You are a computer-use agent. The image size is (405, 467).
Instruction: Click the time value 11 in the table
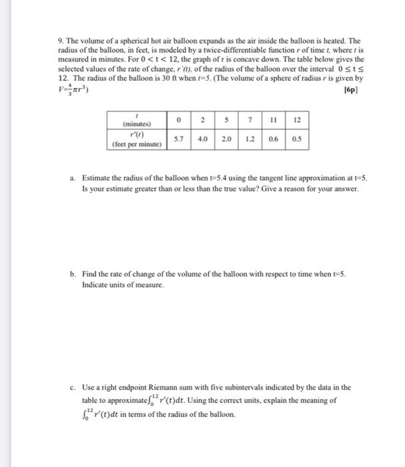point(272,120)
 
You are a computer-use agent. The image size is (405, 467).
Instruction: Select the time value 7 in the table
point(249,120)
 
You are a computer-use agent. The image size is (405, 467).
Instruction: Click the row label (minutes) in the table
point(137,124)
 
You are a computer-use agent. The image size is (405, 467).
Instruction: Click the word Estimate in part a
point(96,179)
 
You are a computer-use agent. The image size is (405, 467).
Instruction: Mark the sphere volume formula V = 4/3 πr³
point(73,88)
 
